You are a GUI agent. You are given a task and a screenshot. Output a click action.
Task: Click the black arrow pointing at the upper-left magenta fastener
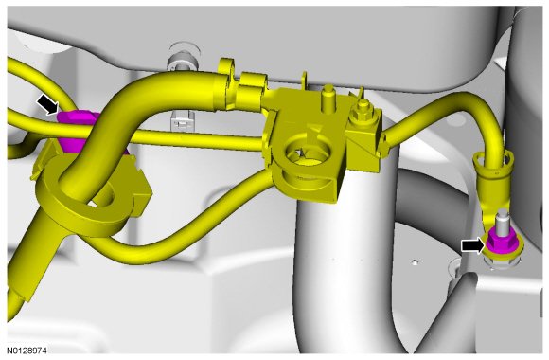click(x=47, y=104)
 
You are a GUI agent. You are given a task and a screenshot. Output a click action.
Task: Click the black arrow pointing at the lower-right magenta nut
click(x=473, y=245)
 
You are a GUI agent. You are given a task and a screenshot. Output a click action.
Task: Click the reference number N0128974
click(x=27, y=351)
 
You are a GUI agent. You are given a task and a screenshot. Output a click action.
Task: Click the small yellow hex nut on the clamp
click(x=363, y=109)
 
